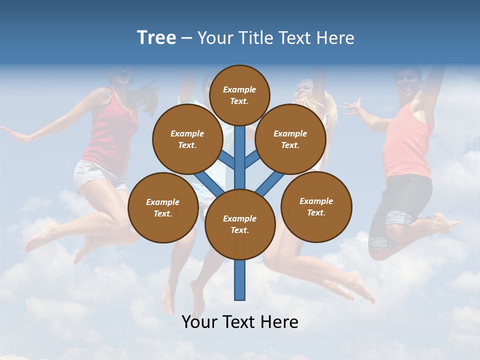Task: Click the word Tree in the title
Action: pos(156,38)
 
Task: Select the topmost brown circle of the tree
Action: pos(239,95)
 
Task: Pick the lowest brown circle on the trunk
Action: pos(240,224)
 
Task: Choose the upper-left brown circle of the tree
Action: pos(187,139)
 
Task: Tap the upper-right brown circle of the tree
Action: pos(290,139)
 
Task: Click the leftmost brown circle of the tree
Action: pos(163,207)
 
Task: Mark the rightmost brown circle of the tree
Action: pos(316,206)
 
